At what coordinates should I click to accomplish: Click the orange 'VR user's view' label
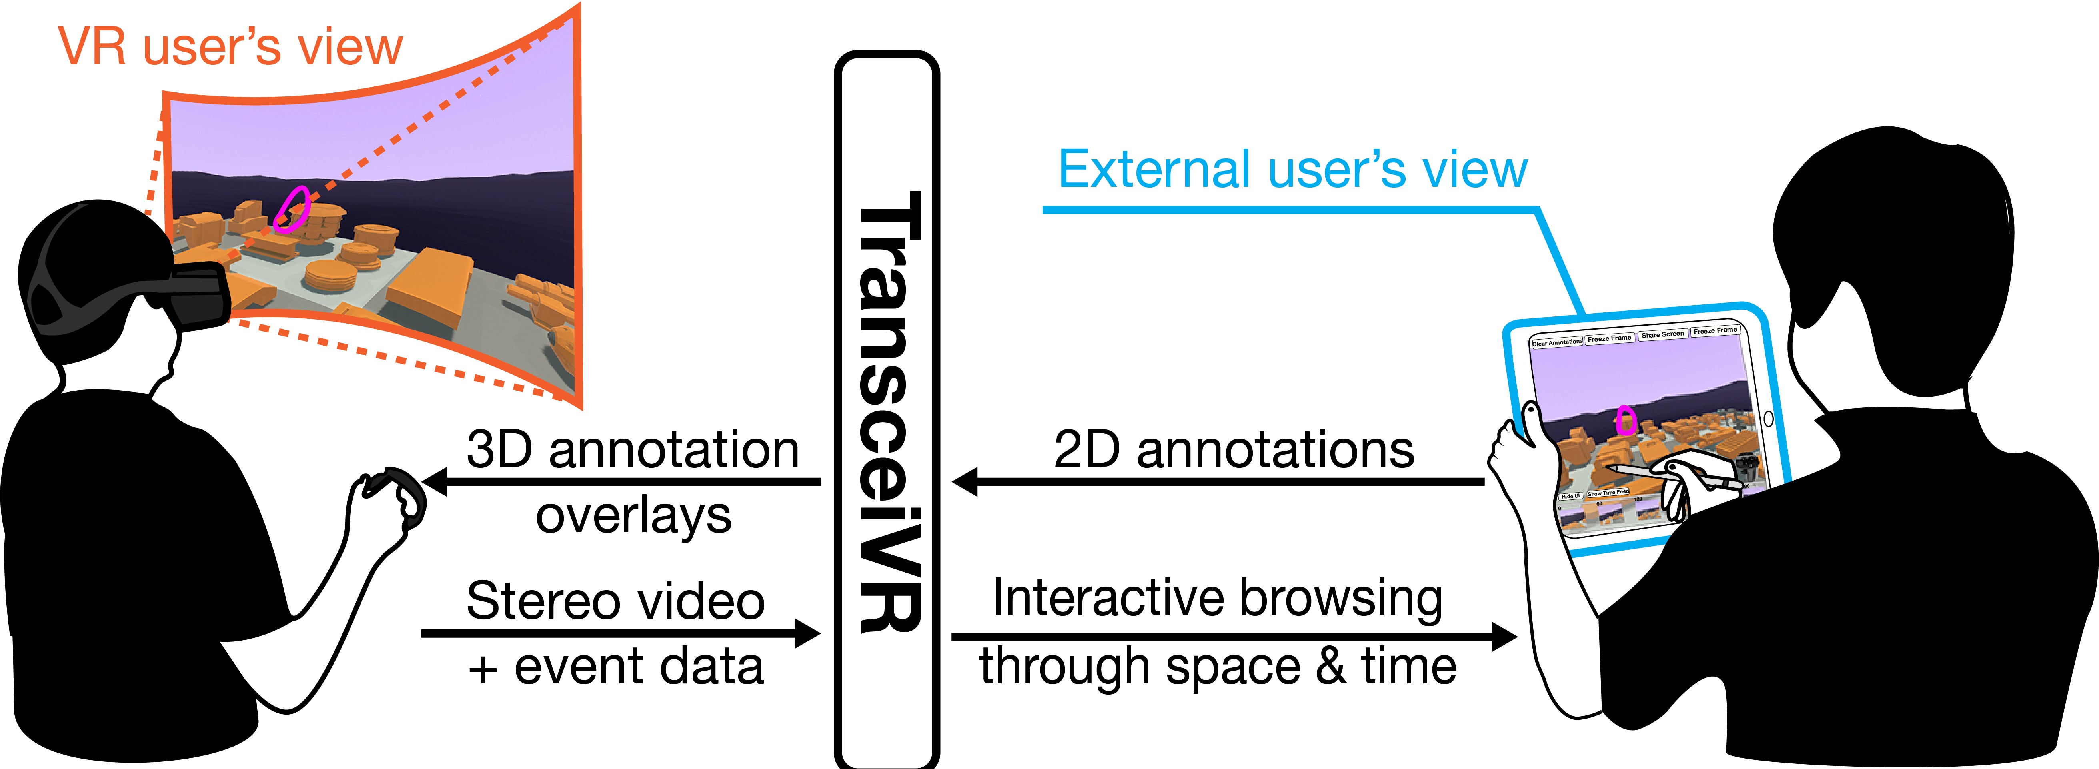(x=231, y=47)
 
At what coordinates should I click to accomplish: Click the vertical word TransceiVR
(x=888, y=411)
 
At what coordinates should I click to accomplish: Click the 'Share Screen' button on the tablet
(x=1662, y=334)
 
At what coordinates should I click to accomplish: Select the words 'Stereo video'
(x=616, y=601)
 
